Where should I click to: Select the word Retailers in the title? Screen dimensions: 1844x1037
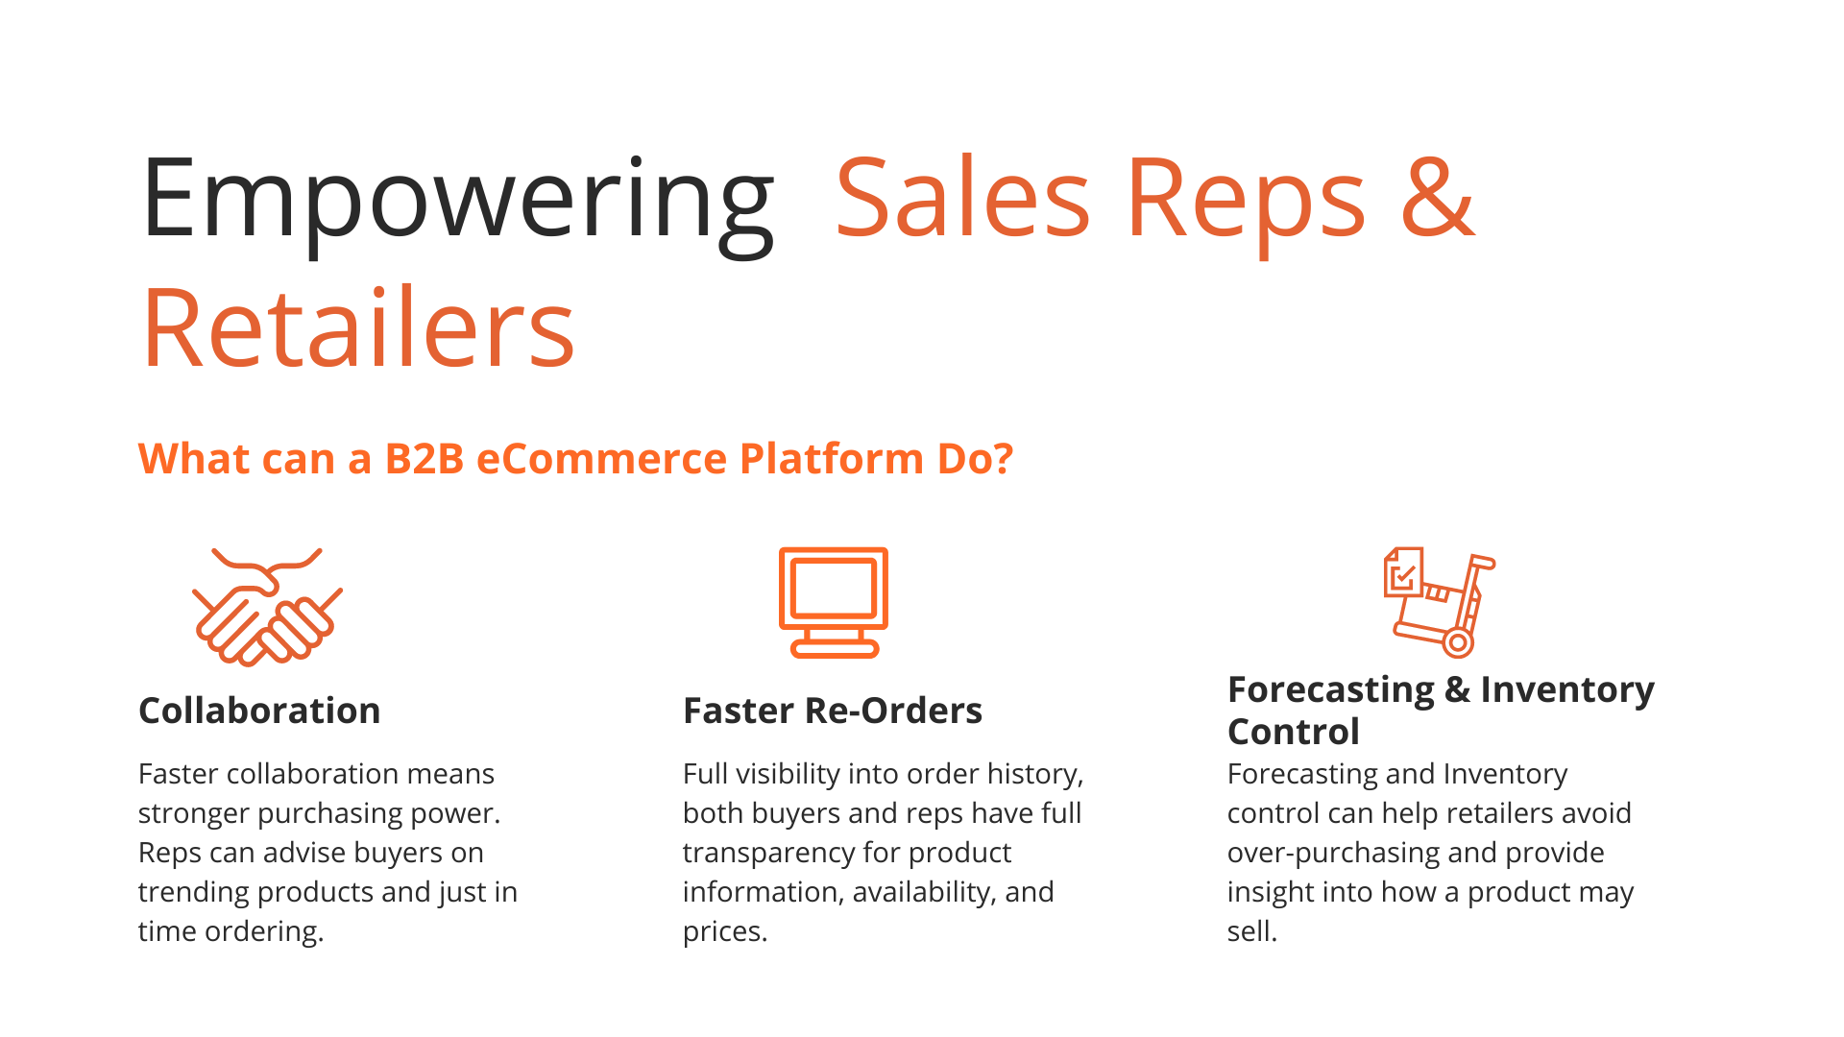coord(358,327)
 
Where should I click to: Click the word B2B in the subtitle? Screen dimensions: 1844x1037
coord(425,459)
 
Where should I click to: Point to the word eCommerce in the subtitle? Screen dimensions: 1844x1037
coord(602,459)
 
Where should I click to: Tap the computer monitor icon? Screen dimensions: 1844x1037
coord(834,602)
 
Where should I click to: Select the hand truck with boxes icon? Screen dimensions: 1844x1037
coord(1440,602)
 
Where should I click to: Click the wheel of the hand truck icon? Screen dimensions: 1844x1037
coord(1458,643)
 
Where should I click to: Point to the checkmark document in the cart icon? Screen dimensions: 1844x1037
coord(1403,573)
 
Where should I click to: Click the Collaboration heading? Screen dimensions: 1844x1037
coord(259,711)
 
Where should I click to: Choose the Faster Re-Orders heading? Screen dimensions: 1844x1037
coord(833,711)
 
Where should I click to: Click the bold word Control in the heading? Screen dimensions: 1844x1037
coord(1294,732)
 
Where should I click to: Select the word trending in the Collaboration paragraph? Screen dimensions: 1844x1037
coord(194,892)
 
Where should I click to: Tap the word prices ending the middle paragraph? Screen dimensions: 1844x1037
coord(725,931)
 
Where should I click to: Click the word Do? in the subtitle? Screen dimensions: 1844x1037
coord(975,459)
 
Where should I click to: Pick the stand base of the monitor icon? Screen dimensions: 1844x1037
coord(834,650)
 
